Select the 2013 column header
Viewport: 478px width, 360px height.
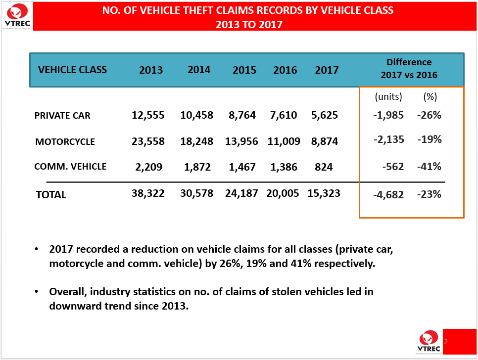point(151,70)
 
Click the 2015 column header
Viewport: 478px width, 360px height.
point(244,70)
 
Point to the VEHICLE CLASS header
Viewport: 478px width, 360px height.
point(72,69)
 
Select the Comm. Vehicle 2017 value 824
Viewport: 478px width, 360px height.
point(324,167)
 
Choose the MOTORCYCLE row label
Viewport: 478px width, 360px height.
point(65,142)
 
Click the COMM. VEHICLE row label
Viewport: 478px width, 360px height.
point(70,167)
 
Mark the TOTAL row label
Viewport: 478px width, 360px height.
point(51,195)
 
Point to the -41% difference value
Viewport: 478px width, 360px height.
point(429,167)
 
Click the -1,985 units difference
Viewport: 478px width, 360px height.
point(388,115)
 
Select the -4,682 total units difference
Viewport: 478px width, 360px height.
point(388,194)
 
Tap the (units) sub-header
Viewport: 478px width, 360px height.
point(388,96)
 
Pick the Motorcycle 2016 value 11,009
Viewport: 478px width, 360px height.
point(284,141)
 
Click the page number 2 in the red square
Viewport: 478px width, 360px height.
point(445,342)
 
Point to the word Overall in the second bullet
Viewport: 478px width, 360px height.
point(67,292)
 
